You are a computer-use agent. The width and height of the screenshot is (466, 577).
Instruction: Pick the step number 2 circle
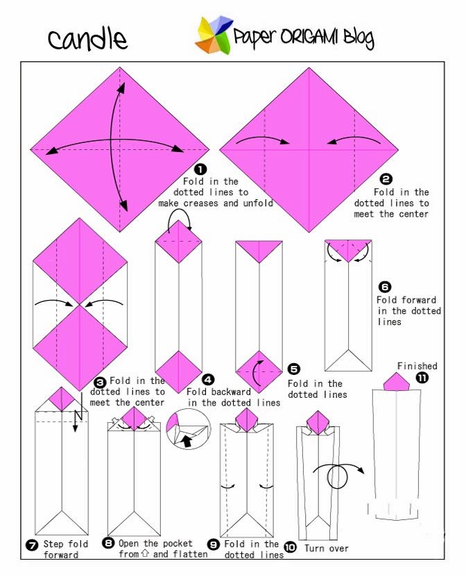386,178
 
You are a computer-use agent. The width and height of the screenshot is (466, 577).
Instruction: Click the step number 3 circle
100,381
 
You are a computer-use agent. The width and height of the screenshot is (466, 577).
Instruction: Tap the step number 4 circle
208,379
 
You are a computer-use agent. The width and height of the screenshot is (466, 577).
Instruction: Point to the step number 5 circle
294,369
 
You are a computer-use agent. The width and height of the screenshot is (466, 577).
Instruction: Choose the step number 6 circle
386,286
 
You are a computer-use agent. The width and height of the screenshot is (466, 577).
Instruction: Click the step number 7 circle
31,545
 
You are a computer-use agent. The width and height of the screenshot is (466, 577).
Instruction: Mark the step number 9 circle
214,544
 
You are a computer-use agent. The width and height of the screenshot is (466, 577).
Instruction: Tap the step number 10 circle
291,547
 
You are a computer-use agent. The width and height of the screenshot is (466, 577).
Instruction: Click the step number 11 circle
422,378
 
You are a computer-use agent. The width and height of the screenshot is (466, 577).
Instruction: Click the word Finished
417,366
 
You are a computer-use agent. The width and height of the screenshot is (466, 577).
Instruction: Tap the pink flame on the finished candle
396,382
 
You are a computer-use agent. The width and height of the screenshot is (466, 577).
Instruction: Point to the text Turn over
326,549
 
